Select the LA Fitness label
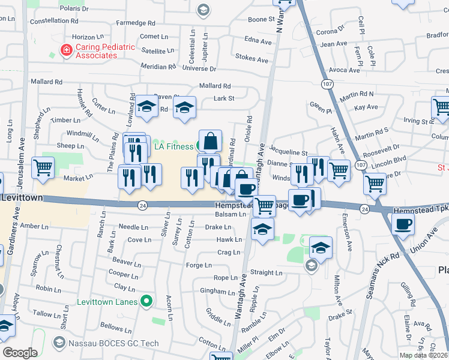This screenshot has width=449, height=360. pyautogui.click(x=173, y=146)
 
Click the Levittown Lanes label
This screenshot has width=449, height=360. pyautogui.click(x=110, y=301)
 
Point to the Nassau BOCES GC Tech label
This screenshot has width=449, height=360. pyautogui.click(x=107, y=342)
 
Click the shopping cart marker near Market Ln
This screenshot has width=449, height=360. pyautogui.click(x=43, y=168)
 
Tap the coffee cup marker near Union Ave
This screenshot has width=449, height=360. pyautogui.click(x=403, y=224)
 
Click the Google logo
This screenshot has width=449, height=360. pyautogui.click(x=20, y=353)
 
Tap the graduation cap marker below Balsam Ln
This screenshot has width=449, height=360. pyautogui.click(x=263, y=229)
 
